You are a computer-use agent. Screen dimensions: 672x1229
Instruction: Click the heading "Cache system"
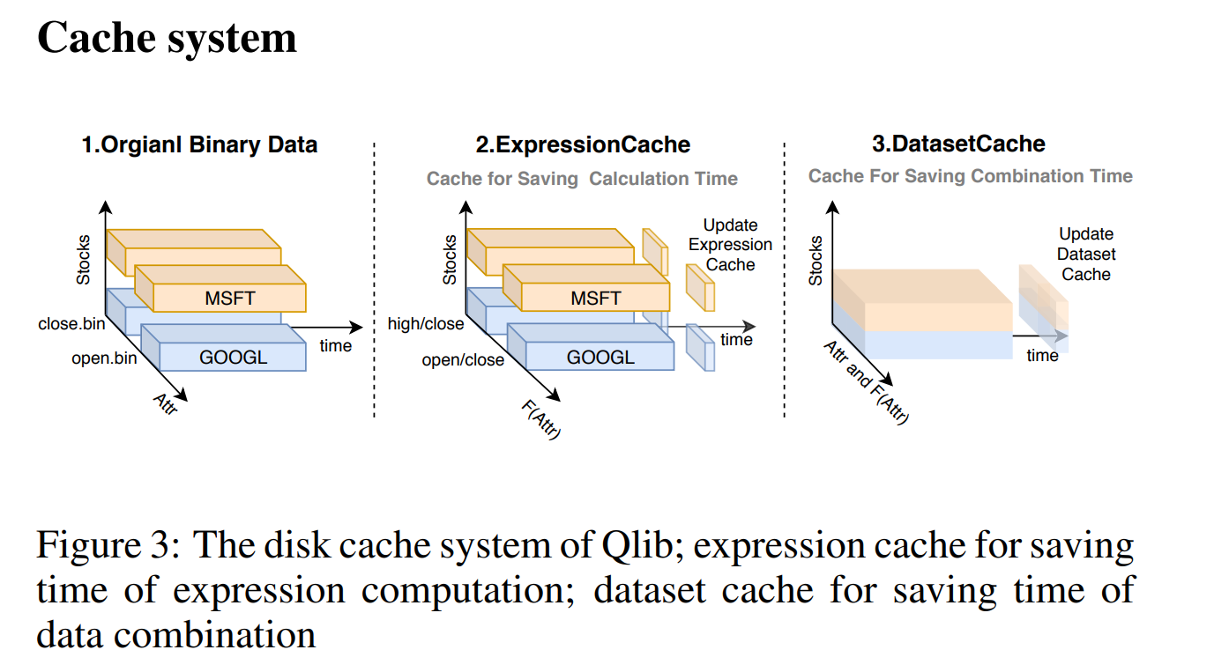pyautogui.click(x=167, y=39)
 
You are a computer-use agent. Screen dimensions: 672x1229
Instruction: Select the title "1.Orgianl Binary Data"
pyautogui.click(x=199, y=144)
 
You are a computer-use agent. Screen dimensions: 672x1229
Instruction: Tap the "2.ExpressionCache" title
pyautogui.click(x=583, y=144)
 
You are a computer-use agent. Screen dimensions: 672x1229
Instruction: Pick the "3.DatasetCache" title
pyautogui.click(x=957, y=144)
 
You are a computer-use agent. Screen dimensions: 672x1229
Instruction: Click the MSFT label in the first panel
pyautogui.click(x=229, y=299)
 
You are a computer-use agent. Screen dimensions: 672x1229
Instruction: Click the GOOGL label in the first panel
pyautogui.click(x=233, y=357)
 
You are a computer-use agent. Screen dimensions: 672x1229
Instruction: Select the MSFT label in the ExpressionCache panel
pyautogui.click(x=596, y=299)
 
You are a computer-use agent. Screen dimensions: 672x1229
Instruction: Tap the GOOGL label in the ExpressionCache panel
pyautogui.click(x=600, y=357)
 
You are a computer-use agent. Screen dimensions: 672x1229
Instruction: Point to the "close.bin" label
pyautogui.click(x=71, y=324)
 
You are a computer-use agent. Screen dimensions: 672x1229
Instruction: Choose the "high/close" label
pyautogui.click(x=426, y=324)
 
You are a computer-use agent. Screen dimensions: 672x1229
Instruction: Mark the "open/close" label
pyautogui.click(x=463, y=359)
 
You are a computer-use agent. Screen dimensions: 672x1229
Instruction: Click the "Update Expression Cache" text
pyautogui.click(x=730, y=245)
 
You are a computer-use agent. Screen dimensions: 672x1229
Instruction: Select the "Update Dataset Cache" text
pyautogui.click(x=1086, y=254)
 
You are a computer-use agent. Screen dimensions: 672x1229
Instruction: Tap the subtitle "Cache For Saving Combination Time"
pyautogui.click(x=970, y=176)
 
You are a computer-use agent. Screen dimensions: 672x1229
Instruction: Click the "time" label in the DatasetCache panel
pyautogui.click(x=1042, y=355)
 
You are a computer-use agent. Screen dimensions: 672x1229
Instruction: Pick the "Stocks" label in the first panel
pyautogui.click(x=84, y=260)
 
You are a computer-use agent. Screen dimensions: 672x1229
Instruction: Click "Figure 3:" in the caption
pyautogui.click(x=107, y=546)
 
